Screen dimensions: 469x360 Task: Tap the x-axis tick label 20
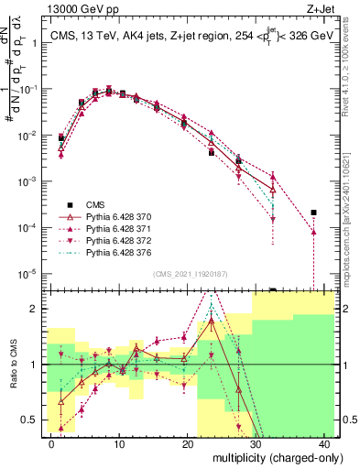tap(188, 442)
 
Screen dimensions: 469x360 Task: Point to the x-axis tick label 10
tap(119, 442)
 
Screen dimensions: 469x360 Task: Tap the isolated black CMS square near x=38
tap(313, 213)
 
